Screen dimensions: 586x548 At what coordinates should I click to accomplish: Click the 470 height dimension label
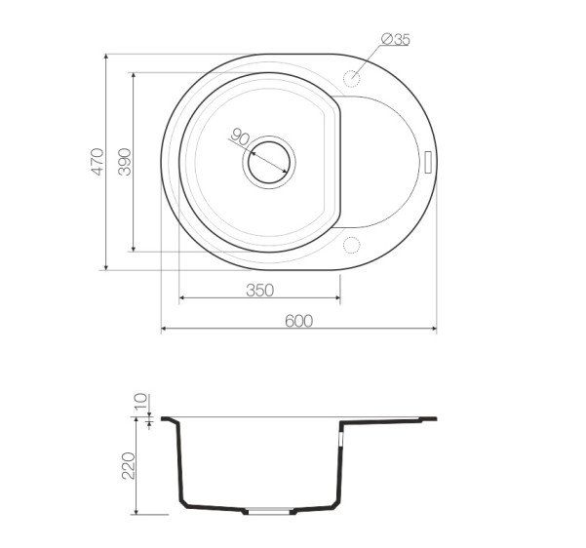pos(98,162)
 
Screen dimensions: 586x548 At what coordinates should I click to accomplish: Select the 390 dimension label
pos(125,162)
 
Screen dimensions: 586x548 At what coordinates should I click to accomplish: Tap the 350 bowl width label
pos(260,290)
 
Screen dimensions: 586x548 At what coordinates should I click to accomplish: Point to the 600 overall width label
pos(298,321)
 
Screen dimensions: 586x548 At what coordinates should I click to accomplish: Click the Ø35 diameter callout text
pos(396,39)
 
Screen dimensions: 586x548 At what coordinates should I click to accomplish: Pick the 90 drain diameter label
pos(240,137)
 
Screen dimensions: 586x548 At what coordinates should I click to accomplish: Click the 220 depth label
pos(129,465)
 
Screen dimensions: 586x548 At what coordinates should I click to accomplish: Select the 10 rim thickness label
pos(141,403)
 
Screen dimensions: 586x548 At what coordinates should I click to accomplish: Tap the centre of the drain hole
pos(269,162)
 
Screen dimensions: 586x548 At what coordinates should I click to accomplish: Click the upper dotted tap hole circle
pos(351,79)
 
